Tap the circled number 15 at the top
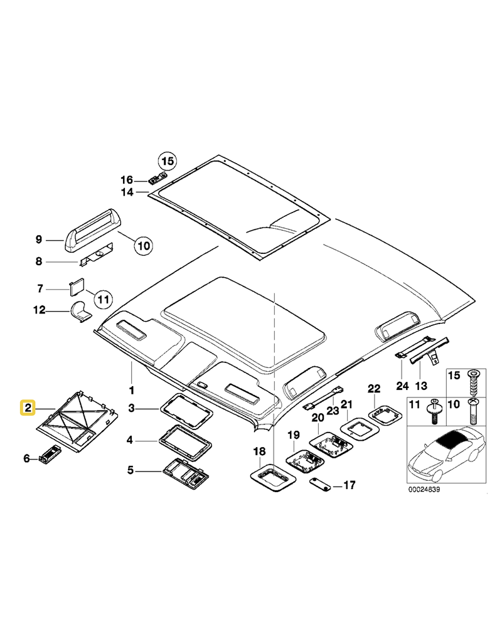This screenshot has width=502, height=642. (x=166, y=161)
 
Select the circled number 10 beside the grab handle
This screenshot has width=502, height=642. (x=144, y=245)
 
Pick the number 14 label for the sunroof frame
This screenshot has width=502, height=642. (x=127, y=192)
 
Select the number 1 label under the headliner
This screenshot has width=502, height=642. (x=132, y=381)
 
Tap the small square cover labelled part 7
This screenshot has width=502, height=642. (x=77, y=287)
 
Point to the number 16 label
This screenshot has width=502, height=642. (x=127, y=180)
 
